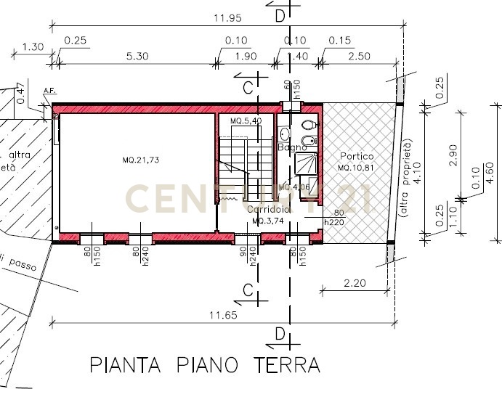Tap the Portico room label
[x=357, y=157]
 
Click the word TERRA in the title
[x=286, y=364]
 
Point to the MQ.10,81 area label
[x=356, y=168]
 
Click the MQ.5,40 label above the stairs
[x=246, y=120]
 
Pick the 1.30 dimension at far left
[x=33, y=47]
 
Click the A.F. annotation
[x=50, y=91]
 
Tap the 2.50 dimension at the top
[x=360, y=56]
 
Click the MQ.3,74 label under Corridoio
[x=267, y=220]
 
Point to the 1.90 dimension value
[x=246, y=56]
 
